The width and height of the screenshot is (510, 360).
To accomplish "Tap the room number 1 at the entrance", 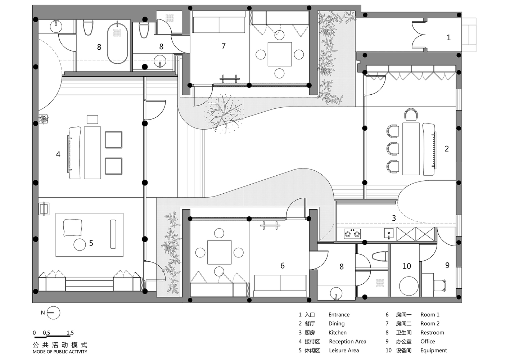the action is [448, 37].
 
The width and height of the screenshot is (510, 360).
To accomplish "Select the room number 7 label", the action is [224, 46].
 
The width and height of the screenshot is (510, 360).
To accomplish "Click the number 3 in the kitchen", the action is [394, 218].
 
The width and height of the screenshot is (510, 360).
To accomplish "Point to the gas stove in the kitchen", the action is [352, 234].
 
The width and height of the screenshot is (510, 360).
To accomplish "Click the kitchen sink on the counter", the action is [389, 234].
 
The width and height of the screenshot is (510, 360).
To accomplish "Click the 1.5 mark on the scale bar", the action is [70, 333].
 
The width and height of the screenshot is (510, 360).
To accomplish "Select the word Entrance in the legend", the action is [339, 314].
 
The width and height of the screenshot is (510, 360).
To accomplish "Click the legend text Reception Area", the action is [347, 341].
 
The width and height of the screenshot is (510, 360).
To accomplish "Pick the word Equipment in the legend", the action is [433, 350].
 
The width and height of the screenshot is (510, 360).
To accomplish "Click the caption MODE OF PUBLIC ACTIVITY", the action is [60, 352].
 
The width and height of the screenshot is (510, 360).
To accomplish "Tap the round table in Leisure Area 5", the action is [80, 244].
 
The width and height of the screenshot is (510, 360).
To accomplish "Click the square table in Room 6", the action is [219, 252].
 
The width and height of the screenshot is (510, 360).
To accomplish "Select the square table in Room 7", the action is [280, 54].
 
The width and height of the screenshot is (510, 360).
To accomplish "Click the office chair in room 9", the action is [440, 285].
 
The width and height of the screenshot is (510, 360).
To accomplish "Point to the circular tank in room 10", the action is [409, 286].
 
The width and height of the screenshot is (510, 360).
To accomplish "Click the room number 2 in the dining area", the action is [447, 149].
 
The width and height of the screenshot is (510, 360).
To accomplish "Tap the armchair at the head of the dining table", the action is [411, 114].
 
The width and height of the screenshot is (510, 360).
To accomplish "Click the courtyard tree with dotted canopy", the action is [224, 113].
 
